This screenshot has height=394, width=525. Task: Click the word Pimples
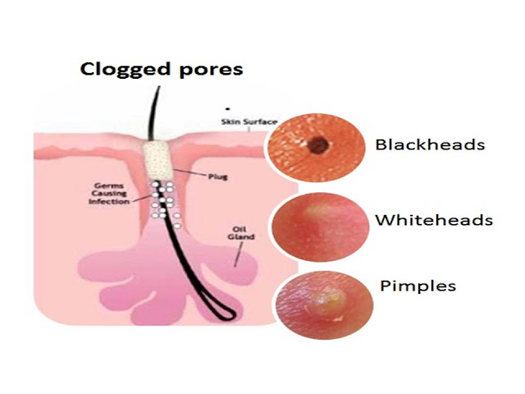418,286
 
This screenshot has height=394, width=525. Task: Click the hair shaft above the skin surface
151,107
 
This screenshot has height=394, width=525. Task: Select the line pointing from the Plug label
184,172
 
